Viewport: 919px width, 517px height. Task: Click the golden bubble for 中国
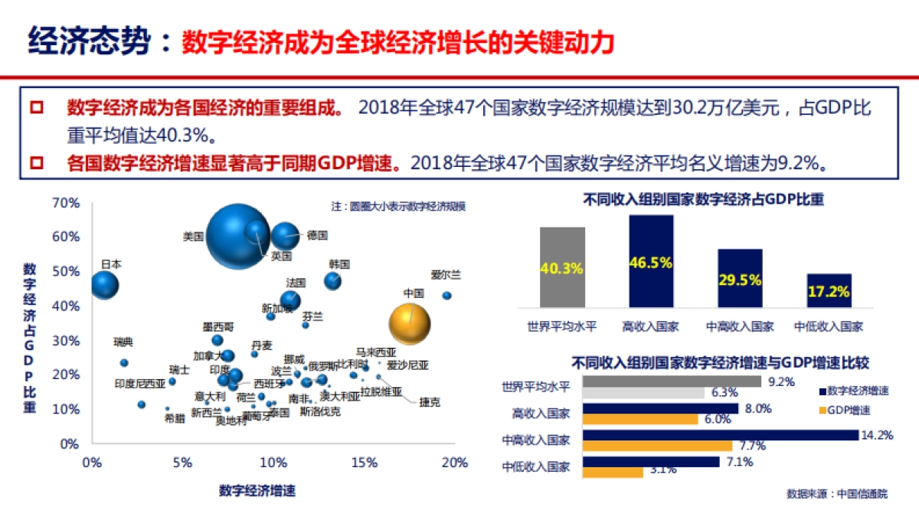pyautogui.click(x=410, y=324)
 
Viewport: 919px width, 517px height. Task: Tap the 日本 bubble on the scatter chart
pyautogui.click(x=105, y=285)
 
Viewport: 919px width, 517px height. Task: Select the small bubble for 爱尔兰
pyautogui.click(x=446, y=295)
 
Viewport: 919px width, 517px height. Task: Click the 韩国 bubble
pyautogui.click(x=332, y=281)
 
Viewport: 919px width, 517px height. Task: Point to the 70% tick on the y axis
pyautogui.click(x=66, y=203)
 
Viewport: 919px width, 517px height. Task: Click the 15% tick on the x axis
pyautogui.click(x=364, y=463)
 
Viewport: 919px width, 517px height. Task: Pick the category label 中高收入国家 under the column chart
pyautogui.click(x=740, y=326)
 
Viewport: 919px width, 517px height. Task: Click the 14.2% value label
pyautogui.click(x=877, y=435)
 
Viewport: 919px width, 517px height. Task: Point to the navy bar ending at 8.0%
pyautogui.click(x=661, y=408)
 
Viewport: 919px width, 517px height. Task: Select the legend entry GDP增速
pyautogui.click(x=849, y=410)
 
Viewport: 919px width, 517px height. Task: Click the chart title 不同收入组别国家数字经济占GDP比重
pyautogui.click(x=703, y=200)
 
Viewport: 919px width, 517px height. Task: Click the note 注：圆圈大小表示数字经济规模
pyautogui.click(x=398, y=207)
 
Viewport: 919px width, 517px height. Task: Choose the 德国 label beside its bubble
pyautogui.click(x=317, y=235)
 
